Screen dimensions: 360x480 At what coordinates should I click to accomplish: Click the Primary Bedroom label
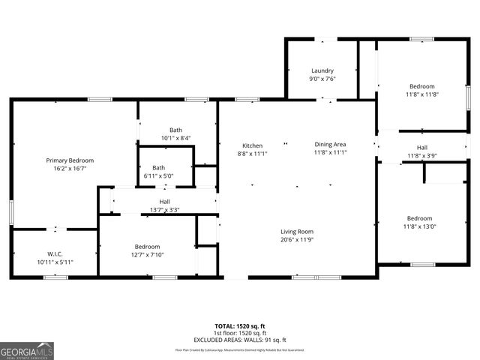(70, 160)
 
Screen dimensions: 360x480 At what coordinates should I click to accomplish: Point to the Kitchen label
(252, 145)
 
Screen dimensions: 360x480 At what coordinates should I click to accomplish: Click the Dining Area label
(329, 145)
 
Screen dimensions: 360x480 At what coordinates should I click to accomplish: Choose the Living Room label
(297, 232)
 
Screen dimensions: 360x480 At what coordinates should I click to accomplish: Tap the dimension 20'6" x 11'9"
(297, 240)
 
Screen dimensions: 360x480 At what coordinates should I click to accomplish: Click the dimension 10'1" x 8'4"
(175, 138)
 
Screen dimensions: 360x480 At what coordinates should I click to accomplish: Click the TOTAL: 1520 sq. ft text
(239, 327)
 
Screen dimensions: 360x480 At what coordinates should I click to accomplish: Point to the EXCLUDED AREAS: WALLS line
(239, 339)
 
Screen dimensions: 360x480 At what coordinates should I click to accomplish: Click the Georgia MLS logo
(27, 350)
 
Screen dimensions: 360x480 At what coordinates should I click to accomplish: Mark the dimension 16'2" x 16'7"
(70, 169)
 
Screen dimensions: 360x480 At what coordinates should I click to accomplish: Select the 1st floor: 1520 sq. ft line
(239, 333)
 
